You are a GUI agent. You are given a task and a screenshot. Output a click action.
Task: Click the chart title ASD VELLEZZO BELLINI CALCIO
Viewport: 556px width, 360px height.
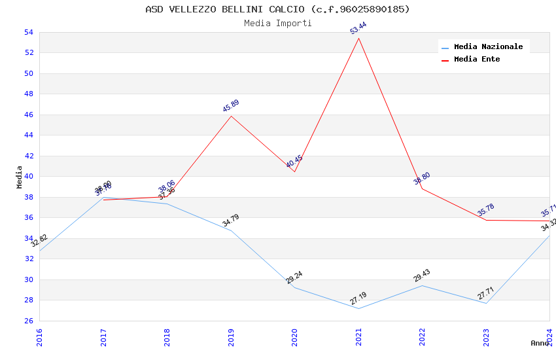(277, 9)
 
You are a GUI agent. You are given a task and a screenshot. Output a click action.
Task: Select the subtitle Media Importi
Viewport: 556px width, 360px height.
(277, 23)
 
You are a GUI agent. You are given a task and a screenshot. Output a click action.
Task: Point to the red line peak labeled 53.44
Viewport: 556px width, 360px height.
(358, 38)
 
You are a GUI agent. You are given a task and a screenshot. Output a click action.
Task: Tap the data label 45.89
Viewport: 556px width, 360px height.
(231, 105)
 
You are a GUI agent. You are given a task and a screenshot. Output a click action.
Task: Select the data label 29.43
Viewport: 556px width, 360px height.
(422, 276)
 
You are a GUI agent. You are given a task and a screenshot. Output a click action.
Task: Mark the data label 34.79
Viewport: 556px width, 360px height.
(231, 221)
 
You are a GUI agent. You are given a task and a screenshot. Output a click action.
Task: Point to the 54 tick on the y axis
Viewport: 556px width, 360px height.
(29, 32)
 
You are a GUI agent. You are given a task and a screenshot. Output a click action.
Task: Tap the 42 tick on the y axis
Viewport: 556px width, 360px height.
(29, 156)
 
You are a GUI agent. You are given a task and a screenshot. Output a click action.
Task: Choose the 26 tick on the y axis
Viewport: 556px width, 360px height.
(29, 321)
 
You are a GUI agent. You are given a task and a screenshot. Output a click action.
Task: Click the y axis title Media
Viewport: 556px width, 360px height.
(19, 177)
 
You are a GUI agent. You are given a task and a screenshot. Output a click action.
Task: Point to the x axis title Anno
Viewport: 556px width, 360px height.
(540, 343)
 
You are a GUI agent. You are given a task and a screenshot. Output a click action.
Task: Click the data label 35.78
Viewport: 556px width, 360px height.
(486, 210)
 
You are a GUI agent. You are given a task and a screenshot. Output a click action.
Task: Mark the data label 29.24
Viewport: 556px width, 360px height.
(294, 278)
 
